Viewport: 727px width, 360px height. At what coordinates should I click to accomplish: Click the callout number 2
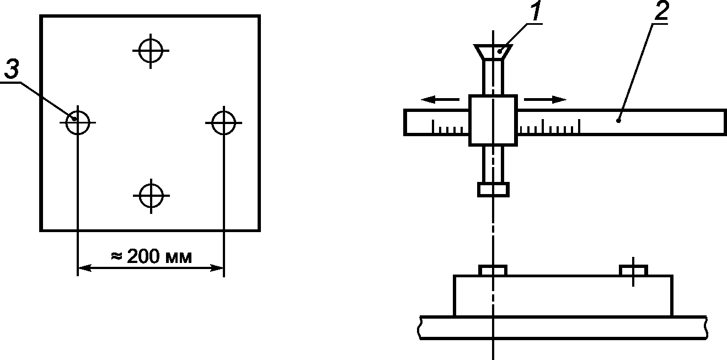click(x=661, y=10)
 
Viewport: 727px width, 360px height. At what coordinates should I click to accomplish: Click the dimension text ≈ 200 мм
click(x=151, y=256)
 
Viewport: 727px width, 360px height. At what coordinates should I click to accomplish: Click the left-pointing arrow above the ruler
click(x=440, y=100)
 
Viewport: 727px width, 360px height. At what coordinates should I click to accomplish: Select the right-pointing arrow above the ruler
click(x=545, y=100)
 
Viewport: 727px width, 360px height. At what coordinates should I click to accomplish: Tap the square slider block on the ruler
click(x=493, y=120)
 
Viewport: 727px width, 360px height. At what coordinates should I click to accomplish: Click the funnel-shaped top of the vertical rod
click(x=493, y=52)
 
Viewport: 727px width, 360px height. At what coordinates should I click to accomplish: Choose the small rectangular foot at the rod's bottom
click(x=493, y=190)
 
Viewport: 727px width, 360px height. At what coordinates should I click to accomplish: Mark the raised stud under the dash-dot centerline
click(x=493, y=271)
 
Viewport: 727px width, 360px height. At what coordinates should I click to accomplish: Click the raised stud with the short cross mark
click(x=634, y=271)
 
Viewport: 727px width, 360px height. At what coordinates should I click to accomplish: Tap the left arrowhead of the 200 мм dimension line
click(x=84, y=268)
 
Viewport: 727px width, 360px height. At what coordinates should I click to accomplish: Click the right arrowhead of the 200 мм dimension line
click(x=217, y=268)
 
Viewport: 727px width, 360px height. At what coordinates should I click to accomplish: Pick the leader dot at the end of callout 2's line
click(x=618, y=121)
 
